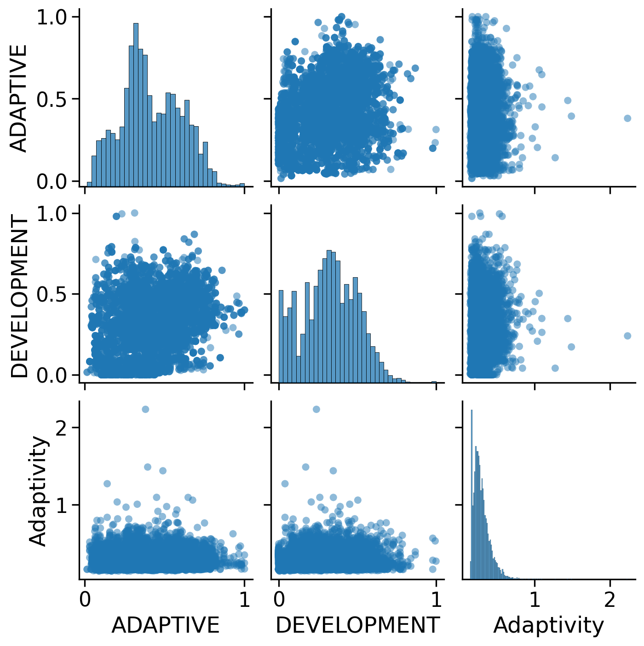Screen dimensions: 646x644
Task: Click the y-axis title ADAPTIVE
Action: (19, 99)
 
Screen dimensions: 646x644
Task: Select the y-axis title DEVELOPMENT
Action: (19, 297)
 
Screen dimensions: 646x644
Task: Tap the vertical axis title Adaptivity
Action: (38, 491)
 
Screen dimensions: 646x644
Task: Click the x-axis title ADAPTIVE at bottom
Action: (166, 625)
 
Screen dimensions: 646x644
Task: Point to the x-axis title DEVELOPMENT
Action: (357, 625)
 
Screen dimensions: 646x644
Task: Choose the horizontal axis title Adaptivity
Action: (548, 625)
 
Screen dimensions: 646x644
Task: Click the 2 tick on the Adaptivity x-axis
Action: (610, 599)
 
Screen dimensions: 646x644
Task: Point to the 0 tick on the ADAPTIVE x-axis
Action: (85, 599)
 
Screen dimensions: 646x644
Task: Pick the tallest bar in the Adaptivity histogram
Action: (471, 493)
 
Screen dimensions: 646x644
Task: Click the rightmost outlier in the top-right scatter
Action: (627, 118)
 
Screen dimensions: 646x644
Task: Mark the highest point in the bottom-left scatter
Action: (145, 409)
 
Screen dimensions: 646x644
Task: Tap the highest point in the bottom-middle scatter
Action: (316, 409)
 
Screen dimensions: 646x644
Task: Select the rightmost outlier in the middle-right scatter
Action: (627, 336)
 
